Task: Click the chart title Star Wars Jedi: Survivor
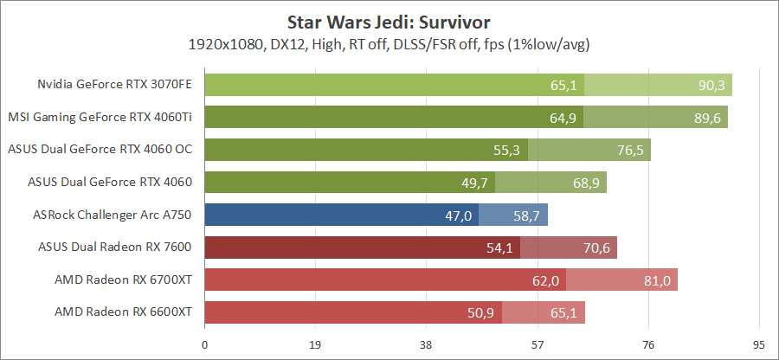pyautogui.click(x=389, y=19)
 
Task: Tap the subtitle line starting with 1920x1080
pyautogui.click(x=389, y=43)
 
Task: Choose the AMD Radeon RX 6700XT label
pyautogui.click(x=123, y=280)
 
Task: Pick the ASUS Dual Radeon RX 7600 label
pyautogui.click(x=115, y=247)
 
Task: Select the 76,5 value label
pyautogui.click(x=631, y=150)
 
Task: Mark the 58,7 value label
pyautogui.click(x=527, y=215)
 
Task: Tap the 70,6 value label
pyautogui.click(x=596, y=247)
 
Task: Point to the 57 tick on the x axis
pyautogui.click(x=538, y=344)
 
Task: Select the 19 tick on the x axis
pyautogui.click(x=315, y=344)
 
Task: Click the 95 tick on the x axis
pyautogui.click(x=759, y=344)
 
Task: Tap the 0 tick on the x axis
pyautogui.click(x=204, y=344)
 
